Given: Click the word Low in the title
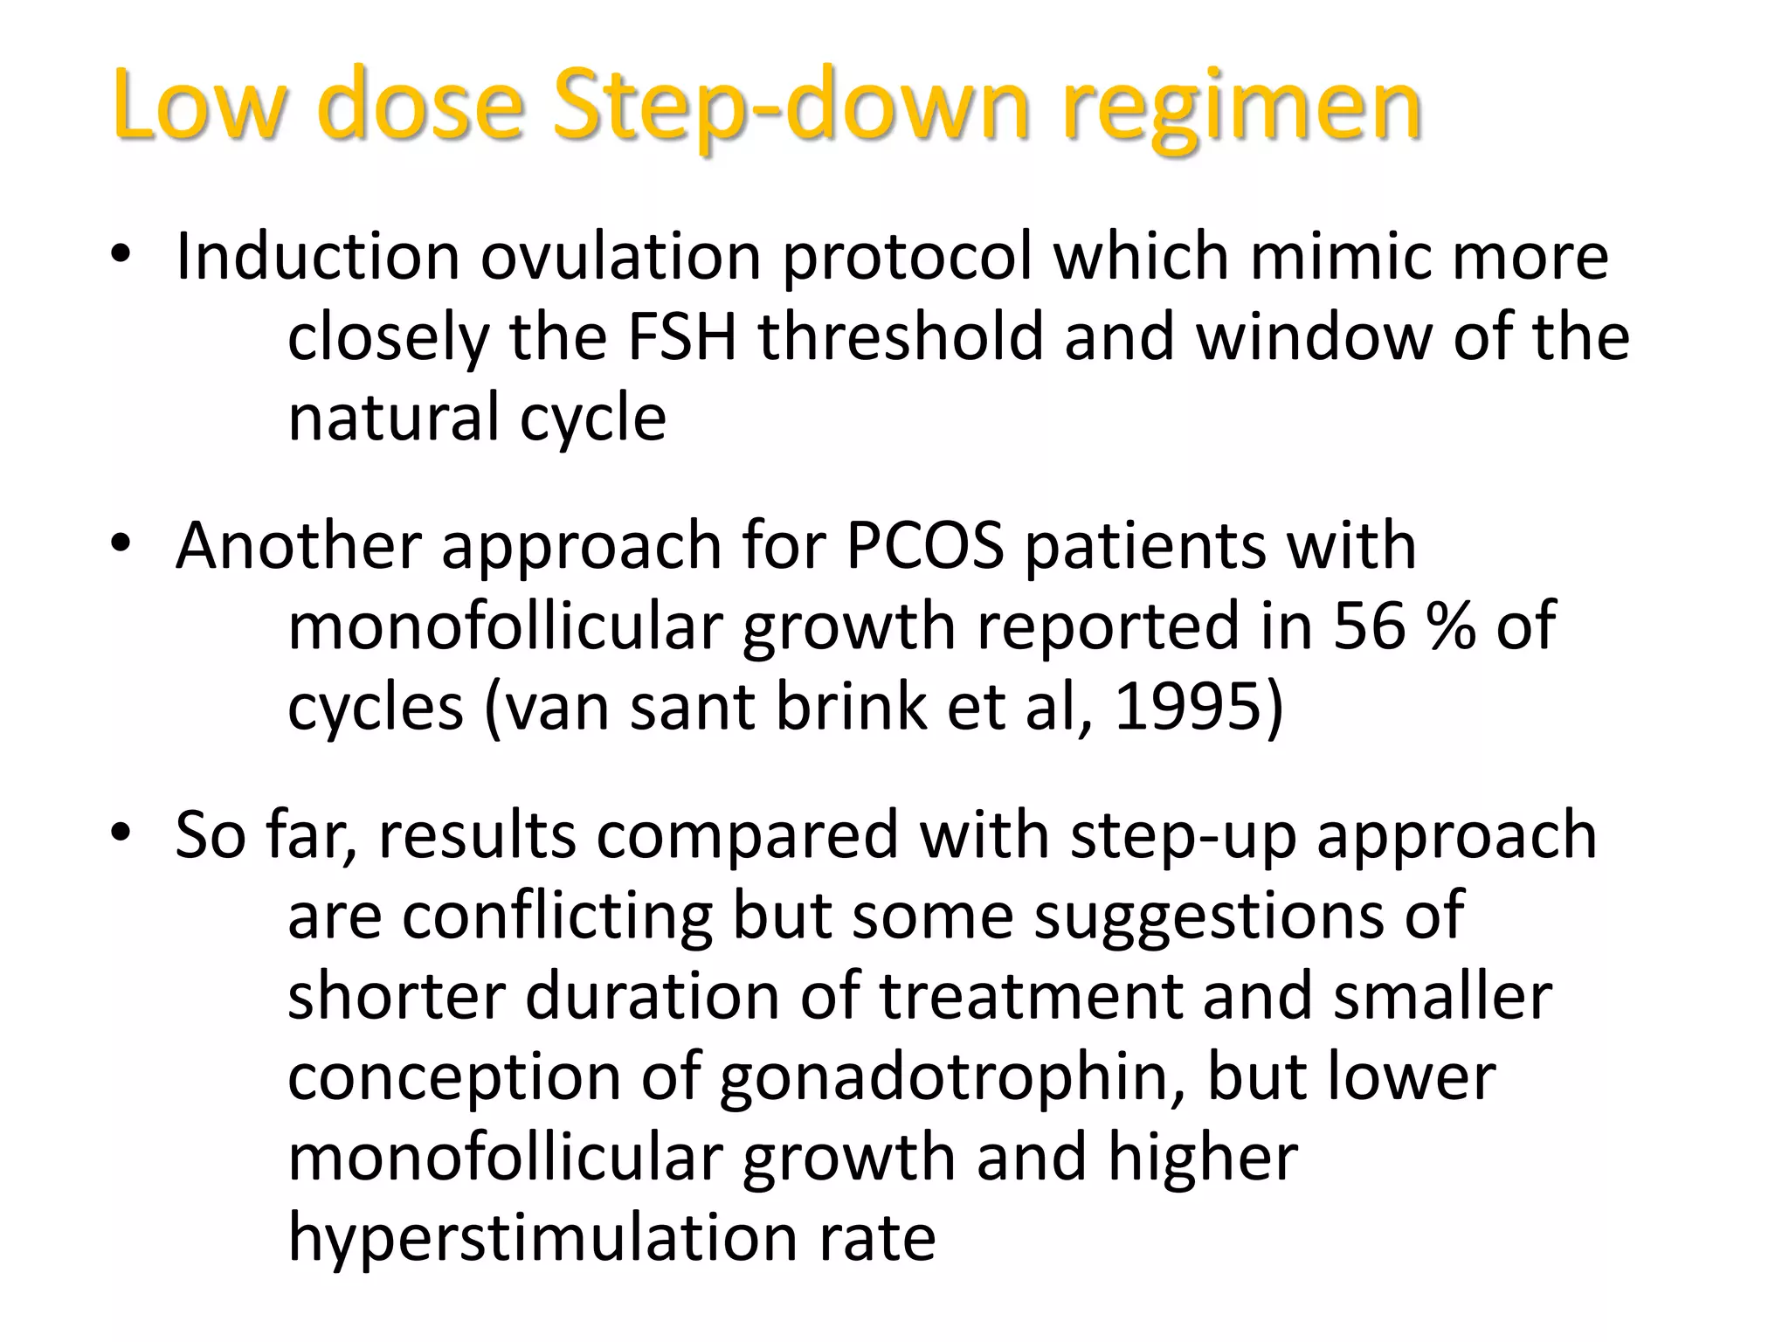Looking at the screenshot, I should [x=198, y=106].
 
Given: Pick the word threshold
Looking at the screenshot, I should [x=901, y=337].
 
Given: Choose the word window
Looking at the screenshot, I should [x=1314, y=337].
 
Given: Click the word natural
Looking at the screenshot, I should [x=393, y=418].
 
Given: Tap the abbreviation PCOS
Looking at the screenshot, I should [x=925, y=546].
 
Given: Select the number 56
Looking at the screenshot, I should [x=1369, y=626].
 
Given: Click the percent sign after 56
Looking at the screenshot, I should [x=1450, y=626].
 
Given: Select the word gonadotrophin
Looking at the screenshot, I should [x=951, y=1077].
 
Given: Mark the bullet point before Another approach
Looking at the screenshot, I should [x=121, y=543].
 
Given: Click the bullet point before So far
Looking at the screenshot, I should [x=121, y=832].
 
